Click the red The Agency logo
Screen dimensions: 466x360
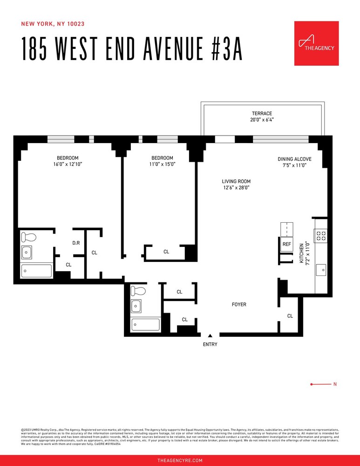(x=316, y=43)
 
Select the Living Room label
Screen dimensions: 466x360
(x=236, y=185)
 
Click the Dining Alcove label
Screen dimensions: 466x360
(x=294, y=162)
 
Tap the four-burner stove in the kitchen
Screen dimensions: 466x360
(x=320, y=236)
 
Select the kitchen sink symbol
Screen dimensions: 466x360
(x=321, y=270)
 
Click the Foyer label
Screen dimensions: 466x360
(x=239, y=304)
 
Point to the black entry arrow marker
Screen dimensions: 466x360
(x=210, y=335)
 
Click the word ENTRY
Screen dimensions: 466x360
(x=210, y=344)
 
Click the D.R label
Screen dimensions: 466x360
(x=77, y=243)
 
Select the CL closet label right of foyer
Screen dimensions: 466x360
(x=290, y=316)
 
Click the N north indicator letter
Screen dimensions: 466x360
(x=335, y=384)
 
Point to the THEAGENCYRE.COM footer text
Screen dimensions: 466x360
(x=180, y=460)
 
